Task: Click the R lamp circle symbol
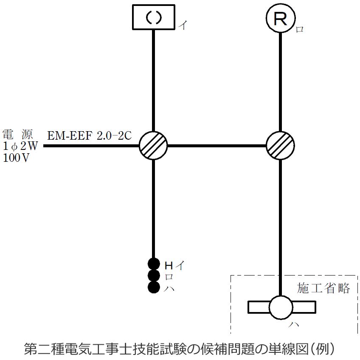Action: (x=280, y=18)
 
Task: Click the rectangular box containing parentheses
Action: (x=153, y=17)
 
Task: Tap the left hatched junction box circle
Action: (x=153, y=145)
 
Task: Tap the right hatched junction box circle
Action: (x=280, y=145)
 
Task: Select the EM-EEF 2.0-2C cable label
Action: (x=90, y=136)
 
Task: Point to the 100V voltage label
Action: (x=17, y=158)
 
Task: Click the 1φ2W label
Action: (x=20, y=146)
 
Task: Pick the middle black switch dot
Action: (x=153, y=276)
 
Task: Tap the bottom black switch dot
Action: (x=153, y=287)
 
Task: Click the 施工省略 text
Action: (x=323, y=288)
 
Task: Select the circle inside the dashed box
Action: (x=281, y=307)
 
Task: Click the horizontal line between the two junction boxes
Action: (x=217, y=146)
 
